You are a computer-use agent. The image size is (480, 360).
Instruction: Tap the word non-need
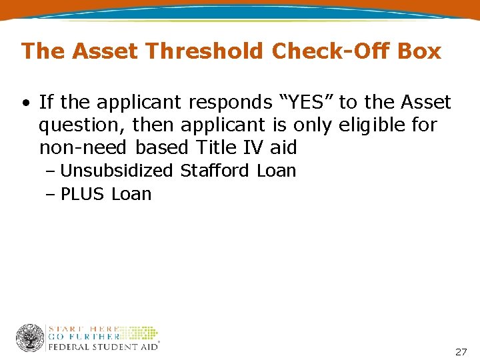click(83, 147)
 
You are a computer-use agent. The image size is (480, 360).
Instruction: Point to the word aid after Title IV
click(283, 147)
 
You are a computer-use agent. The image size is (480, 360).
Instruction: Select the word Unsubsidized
click(117, 171)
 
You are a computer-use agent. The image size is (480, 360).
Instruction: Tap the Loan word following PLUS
click(131, 194)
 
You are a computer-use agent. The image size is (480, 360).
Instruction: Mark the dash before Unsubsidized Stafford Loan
click(51, 171)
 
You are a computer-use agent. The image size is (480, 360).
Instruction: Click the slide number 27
click(461, 351)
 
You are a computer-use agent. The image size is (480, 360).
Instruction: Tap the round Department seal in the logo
click(30, 337)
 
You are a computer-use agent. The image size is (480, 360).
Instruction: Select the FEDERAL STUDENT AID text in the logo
click(103, 346)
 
